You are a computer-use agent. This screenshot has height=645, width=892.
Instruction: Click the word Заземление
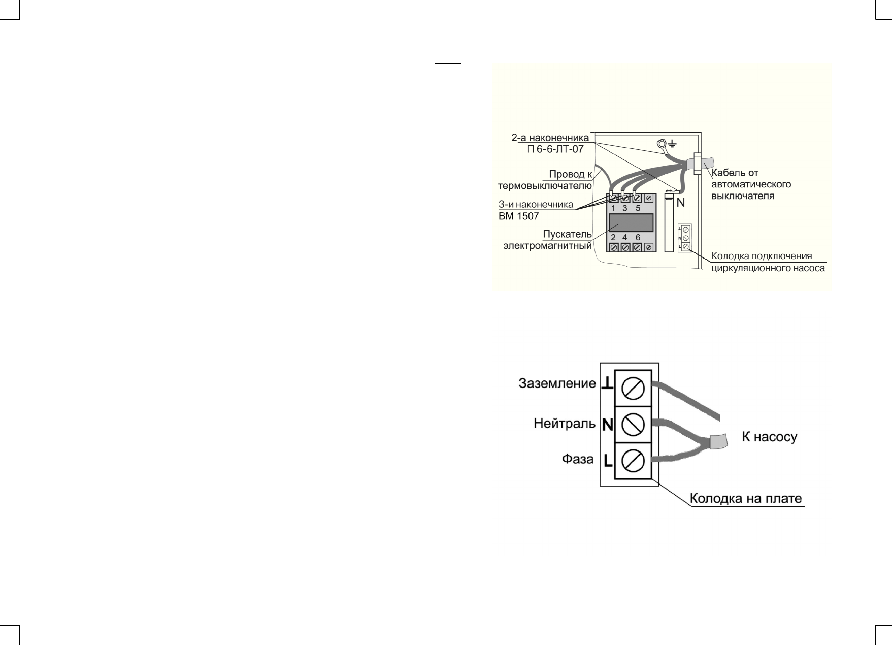pos(557,384)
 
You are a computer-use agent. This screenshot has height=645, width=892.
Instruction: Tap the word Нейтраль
pos(565,424)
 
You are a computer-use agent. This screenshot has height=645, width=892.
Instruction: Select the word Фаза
pos(577,460)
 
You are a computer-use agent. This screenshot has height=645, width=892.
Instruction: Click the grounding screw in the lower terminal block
pos(633,389)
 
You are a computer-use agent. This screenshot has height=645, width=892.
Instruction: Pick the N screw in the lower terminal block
pos(633,425)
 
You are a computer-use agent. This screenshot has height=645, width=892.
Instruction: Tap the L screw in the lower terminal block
pos(633,461)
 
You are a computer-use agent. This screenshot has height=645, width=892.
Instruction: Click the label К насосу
pos(769,437)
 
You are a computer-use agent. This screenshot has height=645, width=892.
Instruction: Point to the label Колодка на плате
pos(746,499)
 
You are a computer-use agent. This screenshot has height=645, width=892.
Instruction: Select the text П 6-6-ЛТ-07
pos(555,149)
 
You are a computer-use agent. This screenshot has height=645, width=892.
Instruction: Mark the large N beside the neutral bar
pos(681,202)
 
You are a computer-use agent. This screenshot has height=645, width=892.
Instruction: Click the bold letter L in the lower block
pos(608,461)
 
